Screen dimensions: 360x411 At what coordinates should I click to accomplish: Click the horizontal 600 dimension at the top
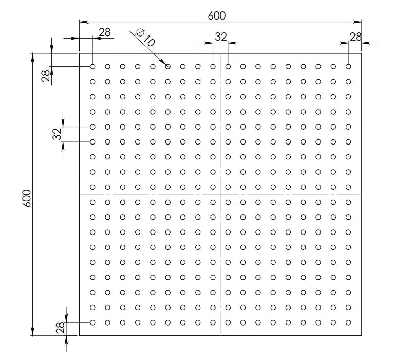(x=216, y=15)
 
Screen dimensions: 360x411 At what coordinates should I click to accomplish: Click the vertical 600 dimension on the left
(x=27, y=198)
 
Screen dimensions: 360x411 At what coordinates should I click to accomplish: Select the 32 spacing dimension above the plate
(x=220, y=37)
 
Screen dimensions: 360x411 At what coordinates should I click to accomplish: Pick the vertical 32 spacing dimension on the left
(x=57, y=134)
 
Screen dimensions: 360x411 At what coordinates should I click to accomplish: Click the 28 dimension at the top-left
(x=105, y=32)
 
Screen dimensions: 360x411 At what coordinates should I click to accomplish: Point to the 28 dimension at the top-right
(x=356, y=37)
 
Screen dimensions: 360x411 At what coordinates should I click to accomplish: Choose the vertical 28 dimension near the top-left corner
(x=46, y=76)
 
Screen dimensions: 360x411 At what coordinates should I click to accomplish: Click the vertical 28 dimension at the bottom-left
(x=60, y=328)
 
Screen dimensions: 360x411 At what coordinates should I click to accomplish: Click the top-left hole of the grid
(x=92, y=66)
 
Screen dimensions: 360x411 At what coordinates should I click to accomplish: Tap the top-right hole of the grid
(x=348, y=66)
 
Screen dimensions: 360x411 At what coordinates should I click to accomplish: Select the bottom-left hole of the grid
(x=92, y=322)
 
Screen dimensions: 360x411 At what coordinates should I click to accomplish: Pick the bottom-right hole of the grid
(x=348, y=322)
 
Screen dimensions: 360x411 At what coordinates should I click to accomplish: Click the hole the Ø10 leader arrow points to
(x=168, y=66)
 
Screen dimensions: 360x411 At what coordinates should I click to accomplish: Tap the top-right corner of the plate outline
(x=362, y=53)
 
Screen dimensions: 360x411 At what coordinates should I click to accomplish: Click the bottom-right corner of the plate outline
(x=362, y=335)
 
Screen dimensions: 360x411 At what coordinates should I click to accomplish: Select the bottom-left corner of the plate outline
(x=79, y=335)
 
